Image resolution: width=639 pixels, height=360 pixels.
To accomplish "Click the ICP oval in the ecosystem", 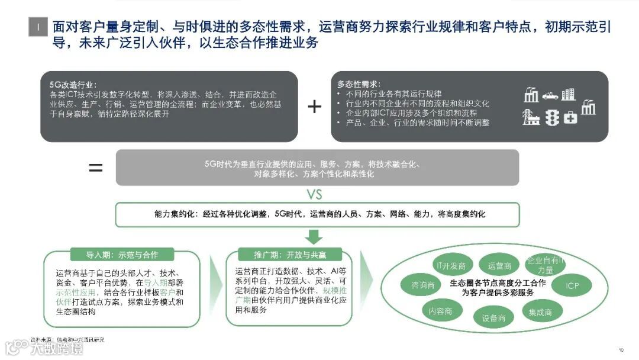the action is (572, 286).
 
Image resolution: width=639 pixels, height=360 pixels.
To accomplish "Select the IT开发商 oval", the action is (450, 265).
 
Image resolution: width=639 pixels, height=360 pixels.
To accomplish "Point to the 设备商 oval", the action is (493, 318).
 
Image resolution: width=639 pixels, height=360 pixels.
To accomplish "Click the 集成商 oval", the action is (540, 311).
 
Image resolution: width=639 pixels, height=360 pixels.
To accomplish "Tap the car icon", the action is (550, 95).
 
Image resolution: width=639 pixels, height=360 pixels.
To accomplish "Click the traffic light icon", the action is (551, 117).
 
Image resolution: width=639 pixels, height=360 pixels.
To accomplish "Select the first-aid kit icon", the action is (570, 117).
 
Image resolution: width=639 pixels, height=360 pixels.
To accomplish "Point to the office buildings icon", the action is (568, 94).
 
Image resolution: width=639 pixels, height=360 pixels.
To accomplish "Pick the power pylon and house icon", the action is (531, 117).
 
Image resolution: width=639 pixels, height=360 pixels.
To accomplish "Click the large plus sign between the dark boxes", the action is (314, 107).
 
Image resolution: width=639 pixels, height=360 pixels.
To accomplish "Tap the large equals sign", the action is (96, 168).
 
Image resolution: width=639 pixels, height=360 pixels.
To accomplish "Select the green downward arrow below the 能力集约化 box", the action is (315, 237).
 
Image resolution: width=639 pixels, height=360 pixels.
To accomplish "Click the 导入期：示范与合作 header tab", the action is (122, 255).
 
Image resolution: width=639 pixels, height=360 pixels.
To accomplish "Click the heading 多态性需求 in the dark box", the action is (359, 84).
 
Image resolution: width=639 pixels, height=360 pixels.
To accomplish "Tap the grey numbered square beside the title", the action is (38, 27).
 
